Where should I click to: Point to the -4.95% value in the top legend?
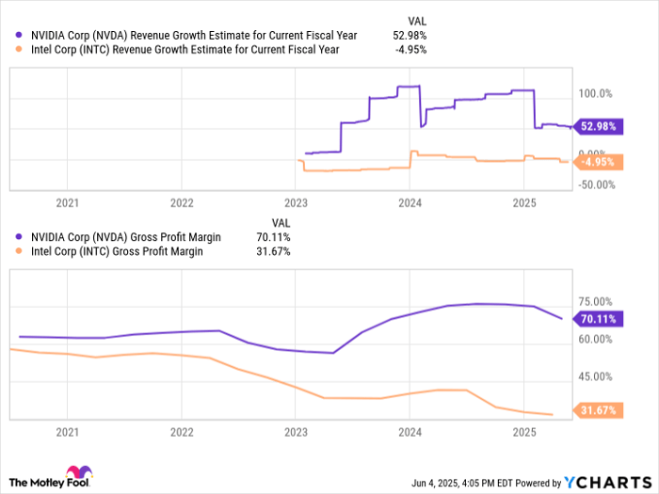coord(411,50)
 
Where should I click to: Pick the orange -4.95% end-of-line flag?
coord(597,162)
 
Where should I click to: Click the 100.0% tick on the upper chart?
coord(596,94)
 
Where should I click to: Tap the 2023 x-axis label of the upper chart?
coord(296,202)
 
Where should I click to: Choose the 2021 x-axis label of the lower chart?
coord(67,432)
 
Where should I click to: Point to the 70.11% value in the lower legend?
coord(274,237)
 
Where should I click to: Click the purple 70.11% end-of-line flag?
coord(597,319)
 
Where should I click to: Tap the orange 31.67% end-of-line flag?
coord(597,410)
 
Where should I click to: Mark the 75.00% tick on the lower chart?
coord(596,300)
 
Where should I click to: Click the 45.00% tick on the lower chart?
coord(596,376)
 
